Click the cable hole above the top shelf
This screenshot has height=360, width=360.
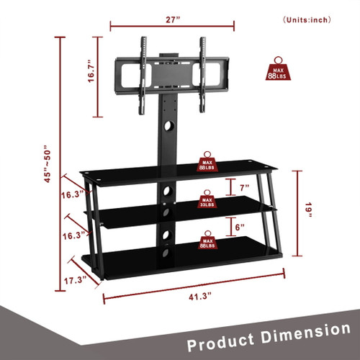[x=170, y=126]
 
